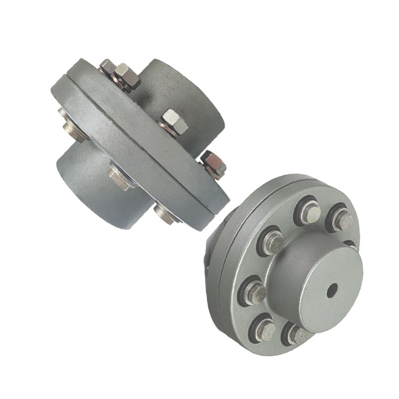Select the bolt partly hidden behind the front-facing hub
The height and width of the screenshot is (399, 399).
(351, 244)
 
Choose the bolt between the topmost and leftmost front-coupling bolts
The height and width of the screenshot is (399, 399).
(273, 242)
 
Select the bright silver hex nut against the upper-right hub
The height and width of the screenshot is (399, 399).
(174, 122)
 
